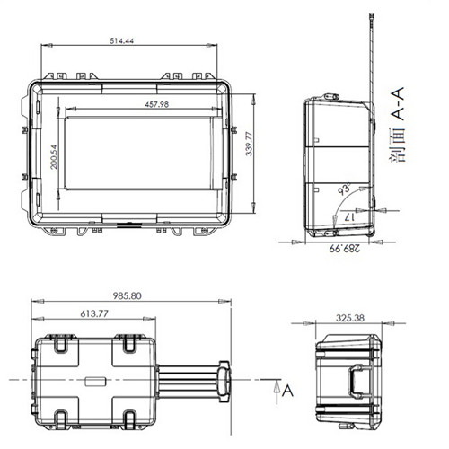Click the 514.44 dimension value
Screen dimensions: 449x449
click(121, 40)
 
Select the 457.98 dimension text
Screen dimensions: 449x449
click(156, 104)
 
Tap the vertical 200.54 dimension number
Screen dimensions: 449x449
click(54, 157)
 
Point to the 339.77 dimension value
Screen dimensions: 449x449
click(249, 144)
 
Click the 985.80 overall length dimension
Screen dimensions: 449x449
click(127, 296)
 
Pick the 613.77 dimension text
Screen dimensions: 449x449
click(94, 313)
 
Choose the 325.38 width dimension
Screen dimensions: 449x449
click(350, 318)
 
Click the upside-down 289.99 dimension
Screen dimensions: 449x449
click(345, 249)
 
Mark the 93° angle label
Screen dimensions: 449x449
click(344, 189)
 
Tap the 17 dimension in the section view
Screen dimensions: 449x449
click(349, 217)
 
